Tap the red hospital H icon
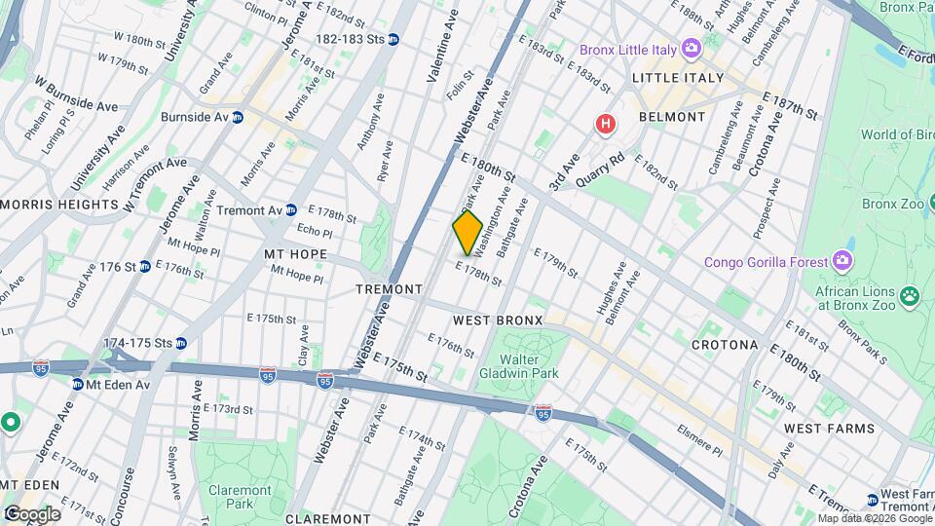[x=606, y=124]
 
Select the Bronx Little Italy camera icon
[x=691, y=48]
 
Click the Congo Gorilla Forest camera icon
[x=842, y=261]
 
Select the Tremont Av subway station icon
[x=290, y=209]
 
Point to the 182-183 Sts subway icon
[x=393, y=39]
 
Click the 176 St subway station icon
[x=145, y=266]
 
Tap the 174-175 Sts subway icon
[x=180, y=343]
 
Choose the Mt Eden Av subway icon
[x=77, y=384]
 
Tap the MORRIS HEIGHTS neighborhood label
[x=46, y=205]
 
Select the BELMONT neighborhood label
[x=672, y=117]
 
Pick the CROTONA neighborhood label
[x=724, y=345]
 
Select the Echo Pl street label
[x=315, y=233]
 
